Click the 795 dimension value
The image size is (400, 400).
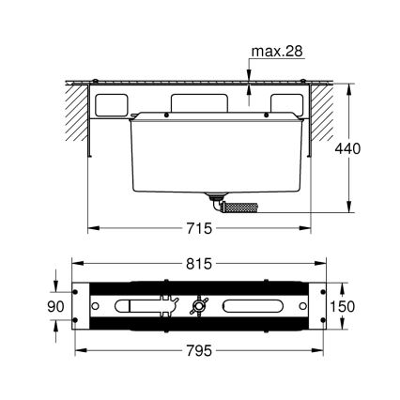[x=199, y=350]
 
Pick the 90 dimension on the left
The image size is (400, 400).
[x=55, y=307]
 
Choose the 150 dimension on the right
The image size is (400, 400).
[x=346, y=307]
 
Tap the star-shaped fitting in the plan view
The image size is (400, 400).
[x=198, y=306]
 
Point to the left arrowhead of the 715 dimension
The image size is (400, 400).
[x=92, y=227]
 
